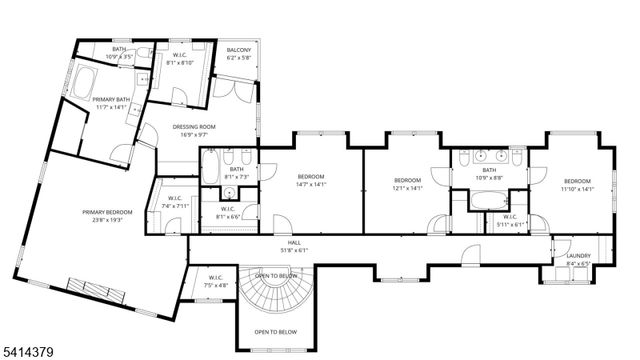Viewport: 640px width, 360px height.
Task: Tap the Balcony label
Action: point(239,51)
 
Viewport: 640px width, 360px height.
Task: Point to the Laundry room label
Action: point(578,256)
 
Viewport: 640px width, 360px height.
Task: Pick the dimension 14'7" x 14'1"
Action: point(310,185)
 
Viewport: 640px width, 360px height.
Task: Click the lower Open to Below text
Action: point(274,331)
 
